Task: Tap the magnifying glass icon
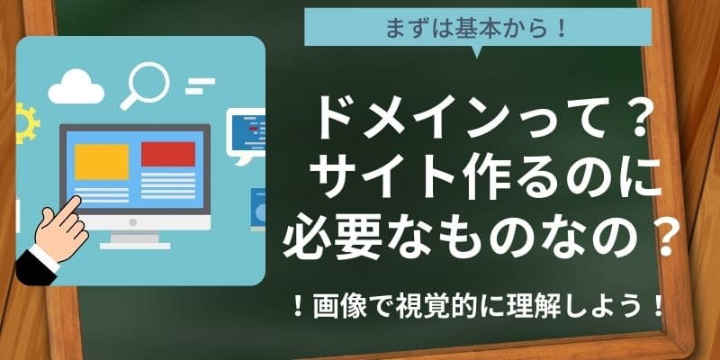coord(146,85)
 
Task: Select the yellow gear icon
coord(25,123)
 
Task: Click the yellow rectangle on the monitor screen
coord(102,162)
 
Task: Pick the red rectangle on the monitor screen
coord(168,154)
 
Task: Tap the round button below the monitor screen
coord(133,222)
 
